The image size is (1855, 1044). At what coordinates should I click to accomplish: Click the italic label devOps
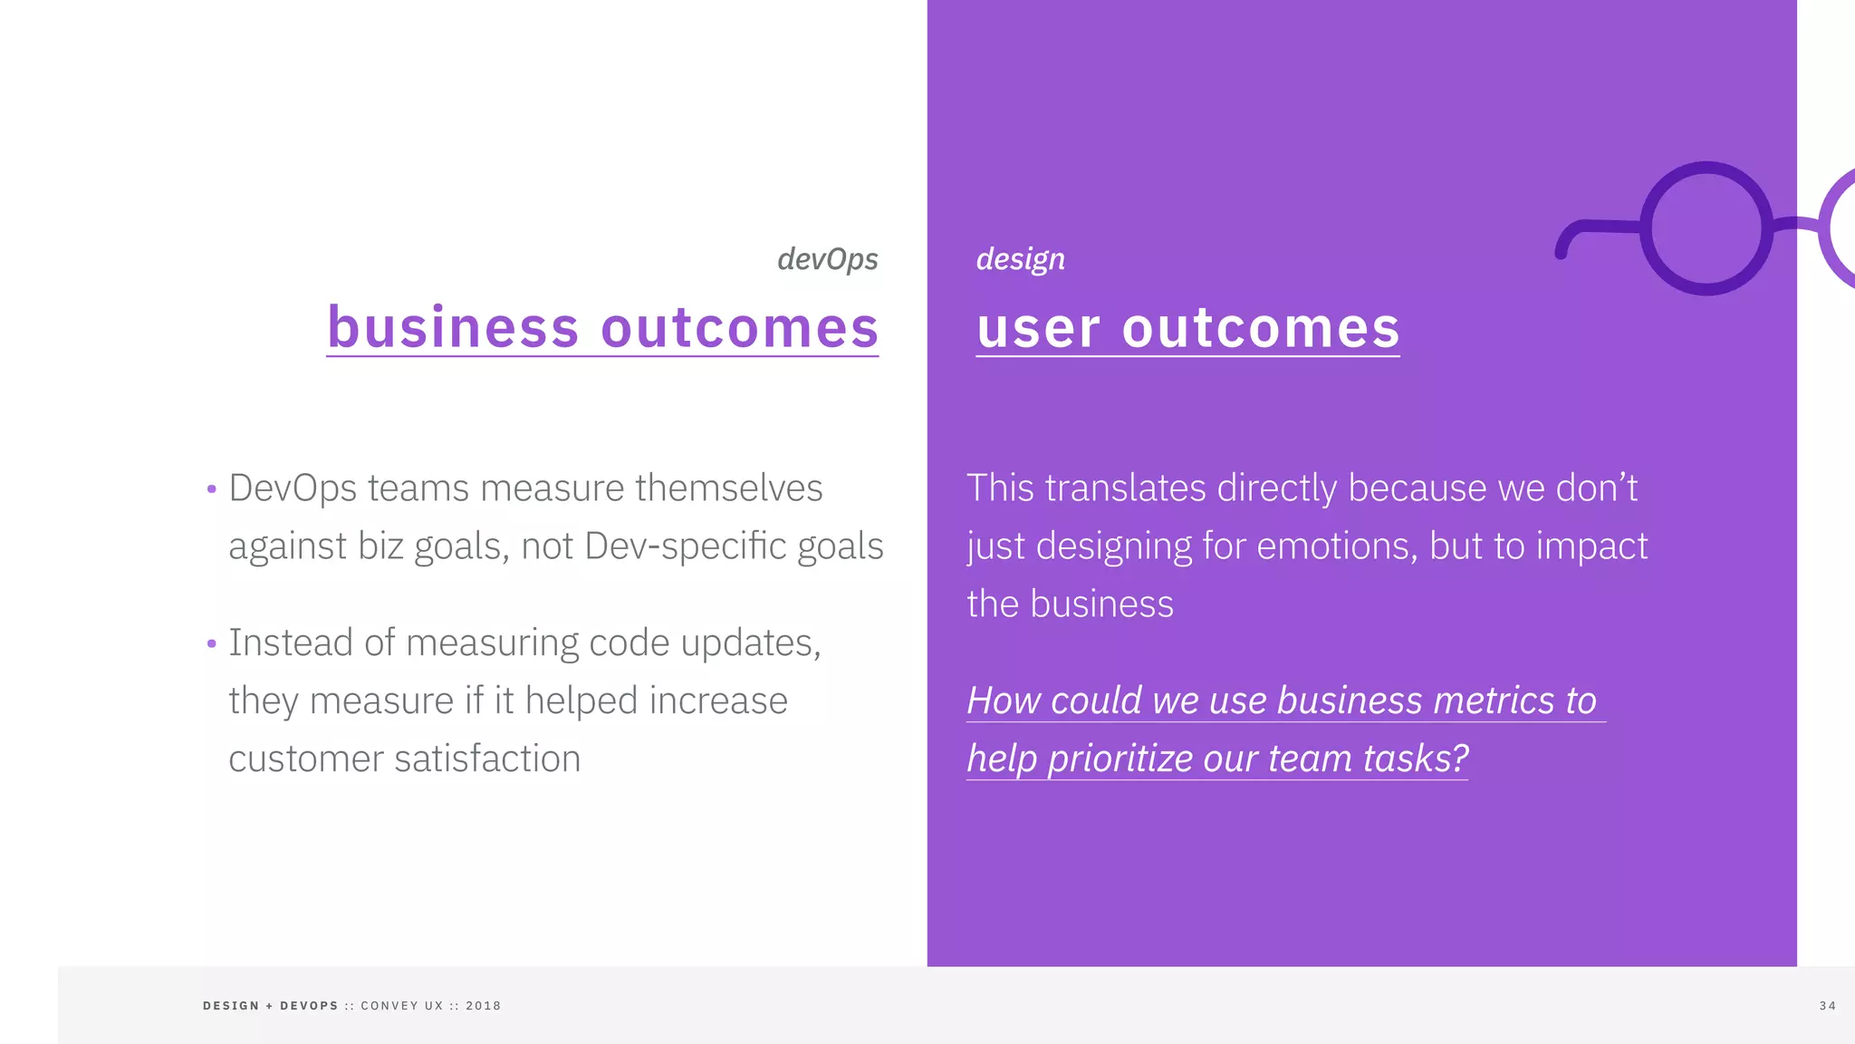[x=827, y=259]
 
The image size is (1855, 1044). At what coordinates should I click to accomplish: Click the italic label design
[x=1020, y=259]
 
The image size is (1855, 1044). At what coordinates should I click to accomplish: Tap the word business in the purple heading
[x=453, y=327]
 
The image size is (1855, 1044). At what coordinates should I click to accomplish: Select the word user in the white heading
[x=1038, y=329]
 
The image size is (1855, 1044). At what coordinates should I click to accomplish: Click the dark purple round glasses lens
[x=1706, y=228]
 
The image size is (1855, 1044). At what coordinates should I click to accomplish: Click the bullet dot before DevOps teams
[x=211, y=489]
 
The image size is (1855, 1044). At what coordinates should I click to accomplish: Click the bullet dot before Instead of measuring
[x=211, y=644]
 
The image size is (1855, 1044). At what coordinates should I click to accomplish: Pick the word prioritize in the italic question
[x=1120, y=759]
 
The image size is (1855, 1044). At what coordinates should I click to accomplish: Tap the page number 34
[x=1827, y=1006]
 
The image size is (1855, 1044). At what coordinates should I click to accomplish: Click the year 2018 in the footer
[x=483, y=1006]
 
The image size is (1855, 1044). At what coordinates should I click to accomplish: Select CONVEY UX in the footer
[x=402, y=1006]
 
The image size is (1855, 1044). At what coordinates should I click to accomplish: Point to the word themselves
[x=728, y=488]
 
